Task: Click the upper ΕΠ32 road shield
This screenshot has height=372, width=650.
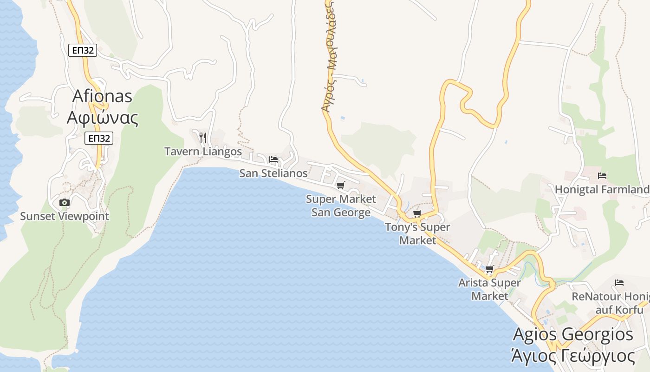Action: tap(83, 50)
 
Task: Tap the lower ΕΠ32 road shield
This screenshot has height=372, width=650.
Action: tap(99, 138)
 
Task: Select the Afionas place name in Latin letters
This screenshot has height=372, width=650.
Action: tap(102, 96)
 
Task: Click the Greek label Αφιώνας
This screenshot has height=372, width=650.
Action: tap(102, 118)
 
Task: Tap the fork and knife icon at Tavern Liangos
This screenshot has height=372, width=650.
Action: tap(202, 137)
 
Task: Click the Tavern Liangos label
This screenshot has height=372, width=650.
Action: tap(203, 152)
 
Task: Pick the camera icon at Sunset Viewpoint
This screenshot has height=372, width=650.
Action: tap(65, 202)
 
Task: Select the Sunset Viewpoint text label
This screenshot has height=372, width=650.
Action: tap(65, 216)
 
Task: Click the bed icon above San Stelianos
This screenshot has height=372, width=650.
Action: tap(273, 159)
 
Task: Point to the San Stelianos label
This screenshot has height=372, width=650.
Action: tap(273, 173)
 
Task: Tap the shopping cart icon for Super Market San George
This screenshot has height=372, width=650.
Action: tap(341, 186)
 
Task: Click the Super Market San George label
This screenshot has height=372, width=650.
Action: tap(341, 206)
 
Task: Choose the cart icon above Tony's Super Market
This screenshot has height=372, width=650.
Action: tap(417, 213)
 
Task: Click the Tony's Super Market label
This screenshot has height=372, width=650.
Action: tap(417, 233)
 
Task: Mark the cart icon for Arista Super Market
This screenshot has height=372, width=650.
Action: tap(489, 269)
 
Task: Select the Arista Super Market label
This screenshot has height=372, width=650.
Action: tap(489, 289)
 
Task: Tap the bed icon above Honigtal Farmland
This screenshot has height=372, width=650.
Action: tap(602, 176)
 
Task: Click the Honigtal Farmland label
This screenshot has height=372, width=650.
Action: tap(602, 190)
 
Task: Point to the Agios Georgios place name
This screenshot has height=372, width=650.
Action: tap(573, 334)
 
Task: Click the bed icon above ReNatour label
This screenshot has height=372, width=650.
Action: tap(619, 282)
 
